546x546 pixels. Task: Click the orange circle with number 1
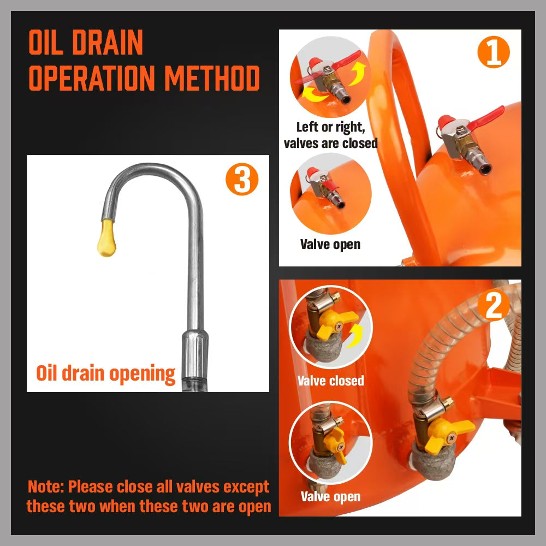[493, 53]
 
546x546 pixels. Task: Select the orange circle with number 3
[242, 181]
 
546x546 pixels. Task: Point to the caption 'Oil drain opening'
[106, 373]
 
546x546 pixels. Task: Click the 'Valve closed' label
[330, 381]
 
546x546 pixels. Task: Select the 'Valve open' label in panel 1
[330, 244]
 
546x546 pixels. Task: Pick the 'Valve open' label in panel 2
[330, 496]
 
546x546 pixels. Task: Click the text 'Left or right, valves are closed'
[330, 135]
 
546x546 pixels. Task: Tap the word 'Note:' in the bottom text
[46, 486]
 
